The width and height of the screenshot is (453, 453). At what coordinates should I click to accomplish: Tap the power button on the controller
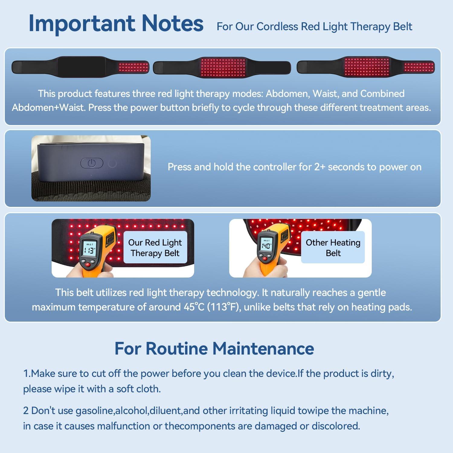click(92, 163)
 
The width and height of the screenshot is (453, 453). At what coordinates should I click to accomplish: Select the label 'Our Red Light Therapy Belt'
click(155, 248)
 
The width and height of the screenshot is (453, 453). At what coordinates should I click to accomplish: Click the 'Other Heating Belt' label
click(333, 248)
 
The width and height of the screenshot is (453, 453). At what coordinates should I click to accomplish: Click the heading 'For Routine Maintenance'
click(214, 348)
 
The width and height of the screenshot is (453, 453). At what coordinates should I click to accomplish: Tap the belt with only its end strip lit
click(80, 67)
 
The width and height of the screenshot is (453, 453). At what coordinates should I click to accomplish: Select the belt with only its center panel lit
click(222, 67)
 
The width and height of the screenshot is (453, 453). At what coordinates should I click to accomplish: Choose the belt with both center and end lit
click(366, 67)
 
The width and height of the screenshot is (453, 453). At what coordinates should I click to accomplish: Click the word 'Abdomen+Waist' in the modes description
click(48, 108)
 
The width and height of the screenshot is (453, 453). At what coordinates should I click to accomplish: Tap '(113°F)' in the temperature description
click(224, 307)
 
